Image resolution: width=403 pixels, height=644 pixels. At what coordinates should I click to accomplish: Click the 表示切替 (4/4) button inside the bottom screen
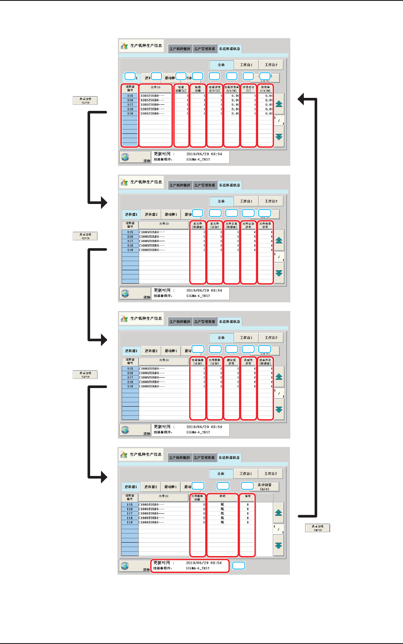[x=264, y=487]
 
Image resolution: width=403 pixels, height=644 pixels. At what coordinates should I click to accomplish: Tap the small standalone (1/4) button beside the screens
[x=85, y=100]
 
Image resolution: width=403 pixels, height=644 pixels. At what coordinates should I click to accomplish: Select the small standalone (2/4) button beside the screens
[x=85, y=236]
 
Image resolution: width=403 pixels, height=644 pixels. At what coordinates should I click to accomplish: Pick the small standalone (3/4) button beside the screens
[x=85, y=375]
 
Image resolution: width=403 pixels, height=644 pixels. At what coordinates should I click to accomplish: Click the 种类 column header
[x=223, y=496]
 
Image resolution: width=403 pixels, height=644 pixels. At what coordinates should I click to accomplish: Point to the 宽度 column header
[x=247, y=496]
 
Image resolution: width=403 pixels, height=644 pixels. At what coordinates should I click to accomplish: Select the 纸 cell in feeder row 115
[x=223, y=505]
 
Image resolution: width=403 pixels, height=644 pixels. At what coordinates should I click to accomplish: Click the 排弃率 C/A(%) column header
[x=265, y=89]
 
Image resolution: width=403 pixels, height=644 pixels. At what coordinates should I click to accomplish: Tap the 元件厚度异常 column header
[x=265, y=225]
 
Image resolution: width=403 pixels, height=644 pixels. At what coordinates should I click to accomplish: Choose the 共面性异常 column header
[x=248, y=362]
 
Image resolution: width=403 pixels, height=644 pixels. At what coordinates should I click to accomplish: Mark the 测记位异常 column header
[x=231, y=362]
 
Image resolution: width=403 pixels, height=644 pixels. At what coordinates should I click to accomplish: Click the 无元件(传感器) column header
[x=198, y=225]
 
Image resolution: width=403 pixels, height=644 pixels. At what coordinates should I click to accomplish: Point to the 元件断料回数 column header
[x=198, y=498]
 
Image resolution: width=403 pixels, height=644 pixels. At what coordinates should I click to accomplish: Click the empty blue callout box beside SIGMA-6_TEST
[x=239, y=566]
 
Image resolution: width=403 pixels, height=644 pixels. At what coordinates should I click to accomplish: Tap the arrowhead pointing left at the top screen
[x=302, y=100]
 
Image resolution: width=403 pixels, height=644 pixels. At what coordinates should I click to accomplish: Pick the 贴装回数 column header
[x=198, y=89]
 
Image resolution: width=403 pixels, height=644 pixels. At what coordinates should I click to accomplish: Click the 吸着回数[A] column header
[x=181, y=89]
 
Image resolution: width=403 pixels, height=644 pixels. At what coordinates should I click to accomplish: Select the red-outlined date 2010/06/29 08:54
[x=204, y=563]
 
